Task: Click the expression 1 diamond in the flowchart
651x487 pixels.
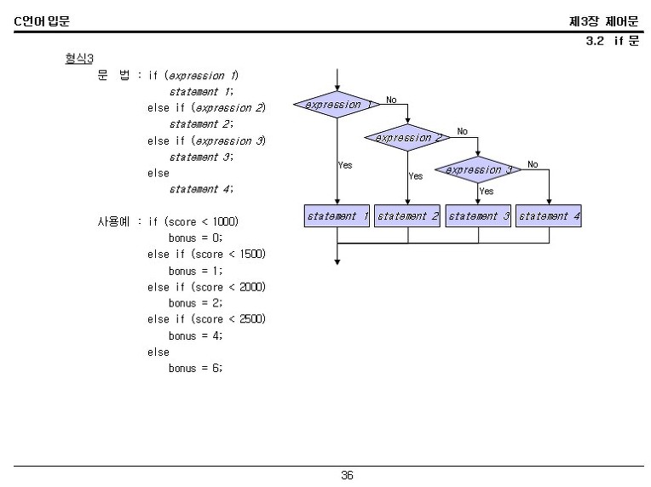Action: (337, 105)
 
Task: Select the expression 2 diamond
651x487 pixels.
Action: (407, 137)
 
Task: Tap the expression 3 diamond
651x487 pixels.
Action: (478, 169)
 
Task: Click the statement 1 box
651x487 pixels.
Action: (337, 215)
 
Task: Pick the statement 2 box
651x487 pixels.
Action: (407, 215)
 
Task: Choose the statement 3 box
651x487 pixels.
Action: (478, 215)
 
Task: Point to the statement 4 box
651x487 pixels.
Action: (549, 215)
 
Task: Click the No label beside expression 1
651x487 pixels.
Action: (391, 100)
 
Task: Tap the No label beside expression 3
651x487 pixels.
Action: (533, 164)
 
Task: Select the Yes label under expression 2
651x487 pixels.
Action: (416, 176)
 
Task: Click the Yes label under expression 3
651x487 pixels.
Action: (487, 191)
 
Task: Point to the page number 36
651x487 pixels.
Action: (347, 475)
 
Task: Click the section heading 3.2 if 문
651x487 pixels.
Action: (612, 41)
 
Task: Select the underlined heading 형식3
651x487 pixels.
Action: (79, 58)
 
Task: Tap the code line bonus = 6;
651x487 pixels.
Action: (195, 368)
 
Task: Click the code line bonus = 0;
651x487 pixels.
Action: (195, 238)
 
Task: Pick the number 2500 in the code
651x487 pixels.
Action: (252, 319)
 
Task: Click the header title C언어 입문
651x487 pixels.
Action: (42, 20)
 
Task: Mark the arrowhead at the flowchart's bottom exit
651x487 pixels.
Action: (337, 262)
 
